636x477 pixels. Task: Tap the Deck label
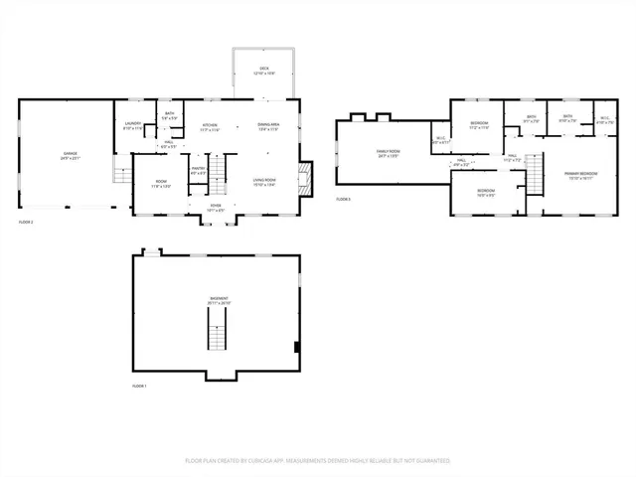pyautogui.click(x=264, y=71)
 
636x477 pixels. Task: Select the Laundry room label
pyautogui.click(x=133, y=126)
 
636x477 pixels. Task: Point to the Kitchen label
pyautogui.click(x=211, y=126)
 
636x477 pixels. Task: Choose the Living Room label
pyautogui.click(x=263, y=182)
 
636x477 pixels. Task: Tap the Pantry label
pyautogui.click(x=198, y=170)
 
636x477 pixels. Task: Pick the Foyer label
pyautogui.click(x=216, y=209)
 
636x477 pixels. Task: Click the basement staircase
pyautogui.click(x=218, y=330)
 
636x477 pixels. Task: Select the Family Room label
pyautogui.click(x=387, y=152)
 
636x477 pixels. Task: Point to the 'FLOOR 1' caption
pyautogui.click(x=139, y=386)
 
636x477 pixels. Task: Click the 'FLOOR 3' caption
pyautogui.click(x=343, y=200)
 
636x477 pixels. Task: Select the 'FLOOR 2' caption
pyautogui.click(x=26, y=221)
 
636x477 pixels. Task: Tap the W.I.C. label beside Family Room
pyautogui.click(x=440, y=140)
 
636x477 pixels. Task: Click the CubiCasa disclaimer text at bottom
pyautogui.click(x=318, y=460)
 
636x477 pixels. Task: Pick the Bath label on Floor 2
pyautogui.click(x=170, y=117)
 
